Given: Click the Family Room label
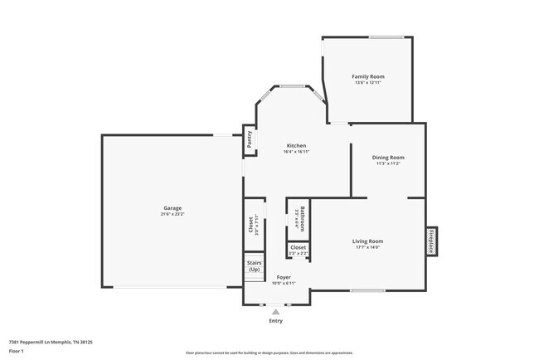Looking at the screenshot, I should tap(368, 76).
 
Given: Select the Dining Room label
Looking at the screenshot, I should tap(388, 157).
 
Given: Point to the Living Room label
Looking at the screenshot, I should tap(368, 241).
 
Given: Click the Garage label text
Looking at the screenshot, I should tap(172, 207).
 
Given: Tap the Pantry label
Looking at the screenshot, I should tap(249, 140).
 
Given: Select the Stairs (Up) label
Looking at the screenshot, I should tap(254, 265).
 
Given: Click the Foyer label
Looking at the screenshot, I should tap(284, 276).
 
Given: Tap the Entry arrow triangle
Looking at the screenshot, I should tap(276, 311).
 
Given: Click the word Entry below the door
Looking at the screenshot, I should tap(276, 320).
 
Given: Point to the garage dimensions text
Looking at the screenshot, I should tap(172, 214).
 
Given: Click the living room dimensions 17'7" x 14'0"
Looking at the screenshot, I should tap(368, 247).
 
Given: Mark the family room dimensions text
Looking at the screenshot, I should tap(368, 82).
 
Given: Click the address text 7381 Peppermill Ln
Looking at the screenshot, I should tap(50, 341).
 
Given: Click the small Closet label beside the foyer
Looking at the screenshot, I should tap(298, 247).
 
